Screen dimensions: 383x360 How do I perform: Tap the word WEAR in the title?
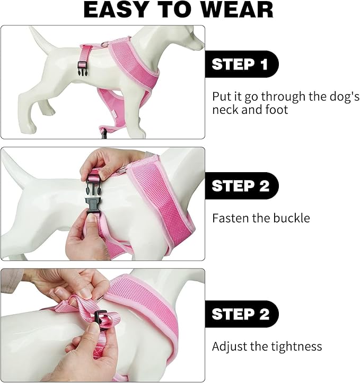(238, 10)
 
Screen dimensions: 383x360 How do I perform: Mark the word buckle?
(291, 218)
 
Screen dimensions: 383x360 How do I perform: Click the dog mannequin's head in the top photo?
(185, 37)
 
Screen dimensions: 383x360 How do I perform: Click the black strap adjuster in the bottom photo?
(101, 318)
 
